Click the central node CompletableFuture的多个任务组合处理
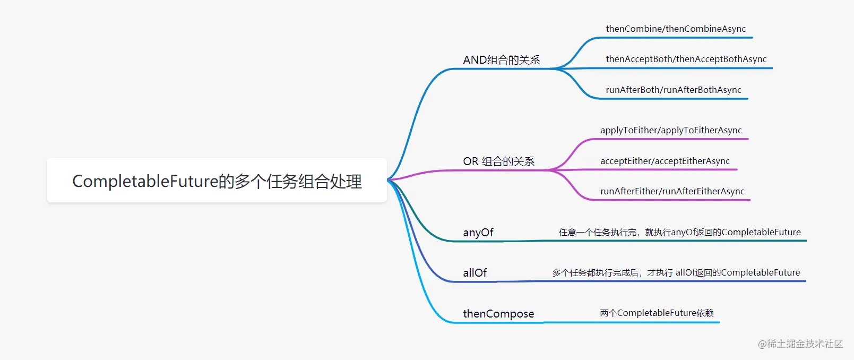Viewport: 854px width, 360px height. tap(217, 181)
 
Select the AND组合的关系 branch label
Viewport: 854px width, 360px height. tap(502, 60)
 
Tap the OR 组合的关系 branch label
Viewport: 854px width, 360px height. tap(499, 161)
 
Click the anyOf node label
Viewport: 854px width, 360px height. tap(478, 232)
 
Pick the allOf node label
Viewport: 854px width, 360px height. tap(475, 273)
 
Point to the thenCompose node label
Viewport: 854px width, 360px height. tap(498, 313)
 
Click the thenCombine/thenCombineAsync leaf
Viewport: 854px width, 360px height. tap(676, 29)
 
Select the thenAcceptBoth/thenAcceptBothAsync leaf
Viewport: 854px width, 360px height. tap(686, 59)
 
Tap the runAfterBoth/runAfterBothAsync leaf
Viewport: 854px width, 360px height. tap(674, 90)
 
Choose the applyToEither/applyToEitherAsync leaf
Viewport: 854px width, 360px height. tap(671, 131)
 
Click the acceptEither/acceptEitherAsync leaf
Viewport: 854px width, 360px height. tap(665, 161)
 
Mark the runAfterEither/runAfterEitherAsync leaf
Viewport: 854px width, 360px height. tap(672, 191)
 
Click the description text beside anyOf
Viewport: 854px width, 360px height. tap(680, 232)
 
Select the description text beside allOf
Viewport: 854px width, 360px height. tap(676, 273)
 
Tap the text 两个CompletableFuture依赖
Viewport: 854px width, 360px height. tap(657, 313)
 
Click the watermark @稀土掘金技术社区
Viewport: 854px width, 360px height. tap(800, 344)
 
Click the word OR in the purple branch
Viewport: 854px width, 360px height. tap(470, 161)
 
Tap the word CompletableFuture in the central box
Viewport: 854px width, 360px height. tap(145, 181)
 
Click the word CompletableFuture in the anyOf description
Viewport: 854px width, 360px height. tap(761, 232)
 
